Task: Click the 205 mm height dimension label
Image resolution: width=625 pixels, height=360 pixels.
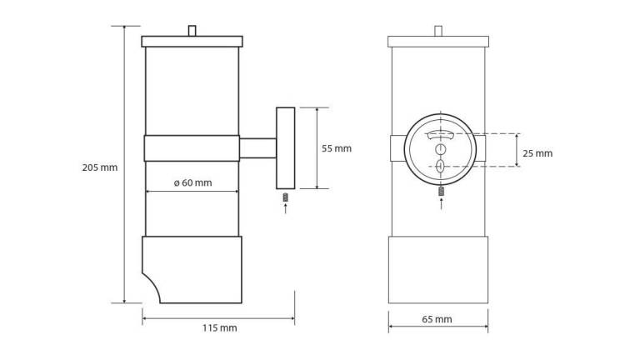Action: pyautogui.click(x=100, y=167)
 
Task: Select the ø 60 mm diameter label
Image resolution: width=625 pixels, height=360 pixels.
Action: pyautogui.click(x=193, y=183)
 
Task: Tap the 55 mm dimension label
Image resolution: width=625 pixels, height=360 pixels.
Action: pyautogui.click(x=337, y=148)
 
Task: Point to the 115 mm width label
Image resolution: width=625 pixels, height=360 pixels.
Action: pyautogui.click(x=219, y=328)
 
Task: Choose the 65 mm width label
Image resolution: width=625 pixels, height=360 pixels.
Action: pyautogui.click(x=437, y=319)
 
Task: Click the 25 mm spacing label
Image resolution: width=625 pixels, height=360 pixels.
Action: pyautogui.click(x=537, y=153)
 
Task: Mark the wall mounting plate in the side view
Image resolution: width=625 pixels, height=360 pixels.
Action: pyautogui.click(x=285, y=147)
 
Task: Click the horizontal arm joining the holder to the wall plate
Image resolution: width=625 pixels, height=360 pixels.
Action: pyautogui.click(x=257, y=147)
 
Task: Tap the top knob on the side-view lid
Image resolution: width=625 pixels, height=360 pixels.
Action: pyautogui.click(x=192, y=31)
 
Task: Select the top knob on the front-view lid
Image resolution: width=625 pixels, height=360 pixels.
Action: pyautogui.click(x=438, y=31)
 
